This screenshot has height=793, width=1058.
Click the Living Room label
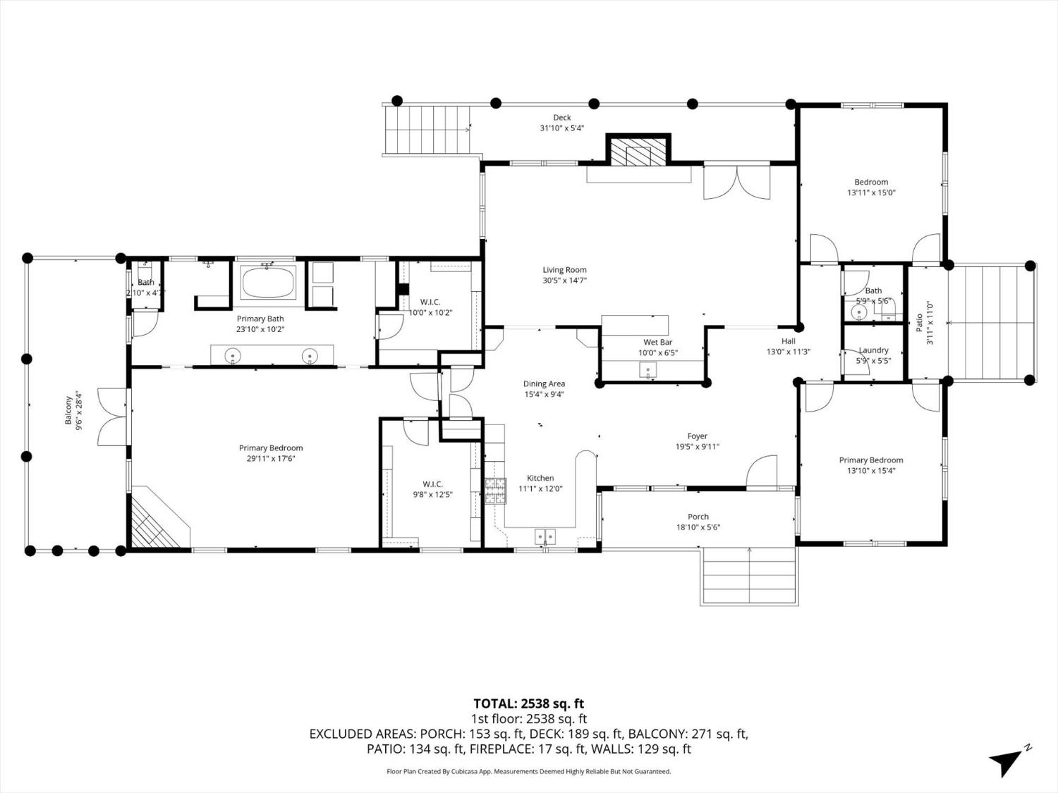coord(564,270)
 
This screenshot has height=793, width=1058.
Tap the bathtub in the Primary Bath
coord(268,283)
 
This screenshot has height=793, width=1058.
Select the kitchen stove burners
coord(494,491)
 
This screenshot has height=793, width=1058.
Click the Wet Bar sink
coord(647,369)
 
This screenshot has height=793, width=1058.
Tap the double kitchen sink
coord(545,536)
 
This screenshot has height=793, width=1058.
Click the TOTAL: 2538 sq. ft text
coord(528,703)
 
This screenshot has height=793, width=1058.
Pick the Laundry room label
coord(873,350)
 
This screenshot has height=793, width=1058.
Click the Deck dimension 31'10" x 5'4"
coord(561,128)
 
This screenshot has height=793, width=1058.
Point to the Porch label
coord(698,517)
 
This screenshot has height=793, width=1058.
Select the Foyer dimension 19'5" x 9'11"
coord(697,446)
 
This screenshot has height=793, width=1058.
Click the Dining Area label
coord(544,384)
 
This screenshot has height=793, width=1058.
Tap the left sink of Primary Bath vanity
coord(233,356)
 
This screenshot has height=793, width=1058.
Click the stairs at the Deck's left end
coord(429,130)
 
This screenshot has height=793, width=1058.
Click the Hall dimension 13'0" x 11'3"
coord(788,352)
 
